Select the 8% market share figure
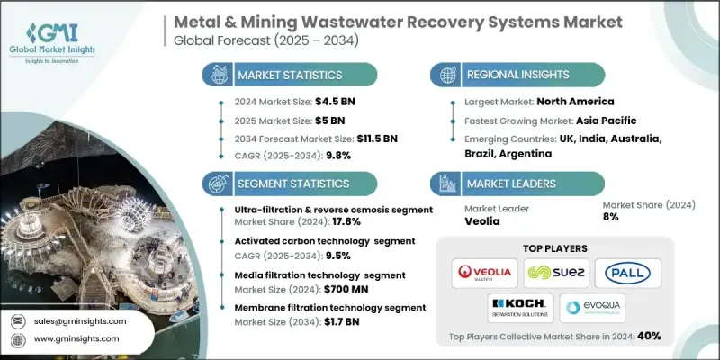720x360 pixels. (x=609, y=217)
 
